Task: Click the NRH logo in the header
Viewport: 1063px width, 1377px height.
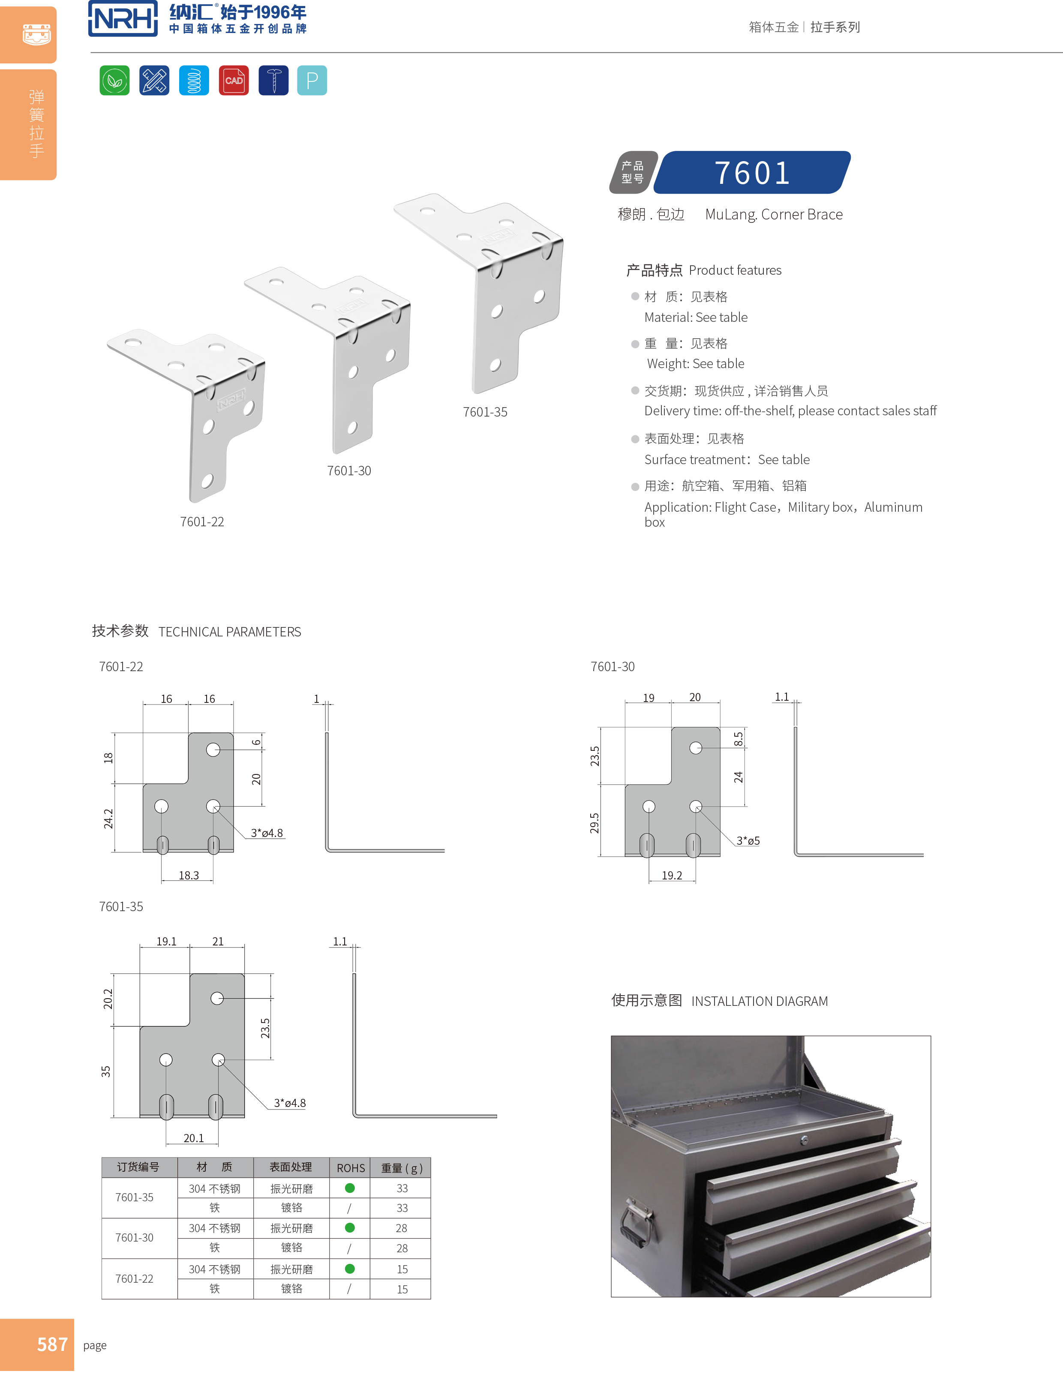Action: pos(123,18)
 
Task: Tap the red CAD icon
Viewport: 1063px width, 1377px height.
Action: pos(234,80)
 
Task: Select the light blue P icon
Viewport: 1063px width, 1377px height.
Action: pos(312,80)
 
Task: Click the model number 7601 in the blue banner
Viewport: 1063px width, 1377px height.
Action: pos(752,173)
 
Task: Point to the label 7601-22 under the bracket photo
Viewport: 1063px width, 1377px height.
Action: pos(202,522)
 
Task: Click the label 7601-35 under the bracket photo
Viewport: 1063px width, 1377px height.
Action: pos(485,412)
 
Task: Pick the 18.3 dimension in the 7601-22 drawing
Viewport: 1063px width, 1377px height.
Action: pos(189,875)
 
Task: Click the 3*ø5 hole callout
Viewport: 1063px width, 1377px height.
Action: pos(748,840)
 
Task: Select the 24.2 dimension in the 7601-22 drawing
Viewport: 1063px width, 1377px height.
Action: pos(108,819)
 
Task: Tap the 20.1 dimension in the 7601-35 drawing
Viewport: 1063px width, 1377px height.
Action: pos(194,1138)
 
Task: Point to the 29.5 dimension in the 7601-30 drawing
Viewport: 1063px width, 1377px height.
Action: pos(595,823)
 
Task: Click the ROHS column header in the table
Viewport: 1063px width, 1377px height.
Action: pos(351,1168)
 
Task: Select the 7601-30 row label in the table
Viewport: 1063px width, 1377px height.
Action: pos(134,1238)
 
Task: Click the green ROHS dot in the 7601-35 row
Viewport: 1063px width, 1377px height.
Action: pos(350,1188)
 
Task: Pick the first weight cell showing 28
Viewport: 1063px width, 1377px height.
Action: pos(402,1228)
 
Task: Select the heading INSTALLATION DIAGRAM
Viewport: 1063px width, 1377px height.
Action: pos(759,1001)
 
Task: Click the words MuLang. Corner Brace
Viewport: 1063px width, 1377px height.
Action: pos(774,214)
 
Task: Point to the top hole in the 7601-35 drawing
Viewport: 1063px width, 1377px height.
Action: pos(217,998)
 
